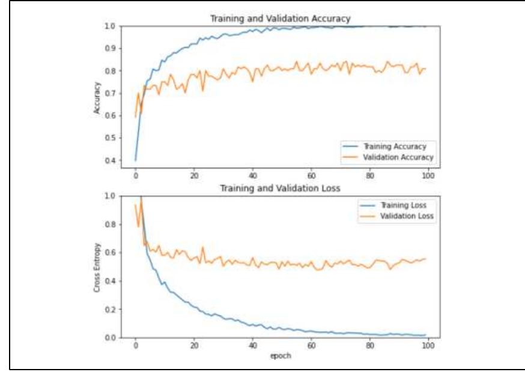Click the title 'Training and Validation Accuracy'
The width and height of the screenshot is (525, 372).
click(279, 19)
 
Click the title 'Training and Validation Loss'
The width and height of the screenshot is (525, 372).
click(279, 188)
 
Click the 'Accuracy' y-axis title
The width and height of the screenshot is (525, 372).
click(97, 97)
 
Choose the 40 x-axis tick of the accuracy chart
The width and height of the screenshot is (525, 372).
click(253, 176)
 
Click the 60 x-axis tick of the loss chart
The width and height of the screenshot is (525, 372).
click(311, 346)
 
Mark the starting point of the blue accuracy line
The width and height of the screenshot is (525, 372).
click(136, 160)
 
